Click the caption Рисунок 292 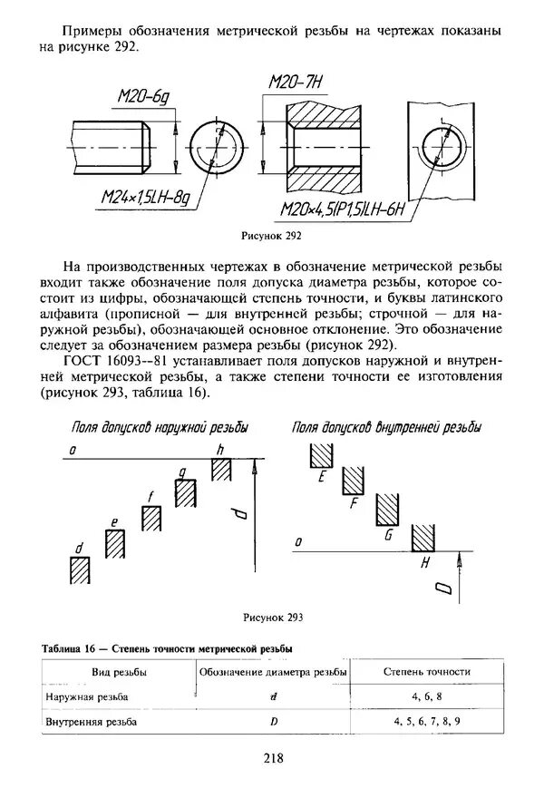coord(271,236)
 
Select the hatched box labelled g coord(186,494)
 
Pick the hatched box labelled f coord(151,520)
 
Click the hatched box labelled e coord(115,544)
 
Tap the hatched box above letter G coord(388,510)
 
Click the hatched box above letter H coord(423,537)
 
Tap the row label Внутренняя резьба coord(91,721)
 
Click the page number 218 coord(271,759)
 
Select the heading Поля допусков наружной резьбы coord(160,427)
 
